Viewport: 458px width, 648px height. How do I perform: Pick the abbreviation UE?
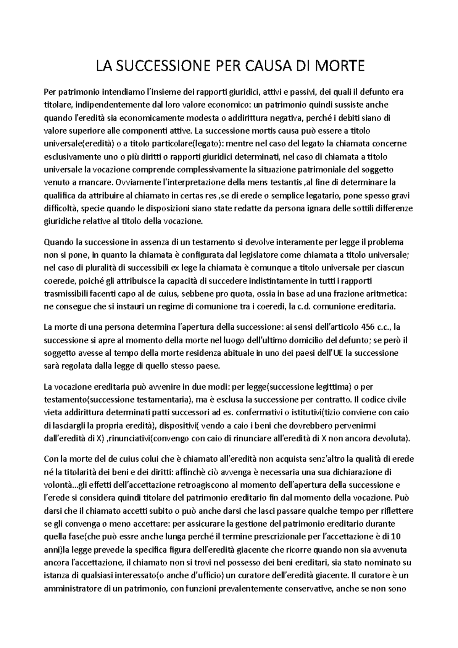click(338, 353)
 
